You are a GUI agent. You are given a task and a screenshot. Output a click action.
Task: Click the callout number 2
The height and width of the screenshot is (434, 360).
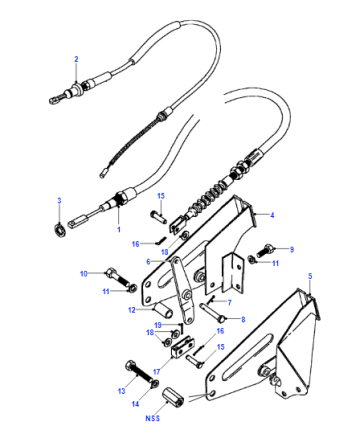click(x=76, y=59)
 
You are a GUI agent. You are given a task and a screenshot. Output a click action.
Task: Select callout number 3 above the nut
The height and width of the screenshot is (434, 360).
click(x=59, y=201)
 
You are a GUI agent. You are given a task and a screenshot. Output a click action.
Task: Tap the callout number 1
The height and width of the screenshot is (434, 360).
click(x=119, y=230)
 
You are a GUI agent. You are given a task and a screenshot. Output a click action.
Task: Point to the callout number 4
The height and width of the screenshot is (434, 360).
click(x=272, y=215)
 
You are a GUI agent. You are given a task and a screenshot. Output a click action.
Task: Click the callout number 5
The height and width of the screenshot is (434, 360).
click(x=310, y=276)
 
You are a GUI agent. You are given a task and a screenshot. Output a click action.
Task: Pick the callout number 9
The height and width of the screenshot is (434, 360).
click(x=292, y=249)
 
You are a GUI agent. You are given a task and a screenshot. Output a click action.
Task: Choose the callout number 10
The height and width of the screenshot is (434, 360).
click(x=83, y=274)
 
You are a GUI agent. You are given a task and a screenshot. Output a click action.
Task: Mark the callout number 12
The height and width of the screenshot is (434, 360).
click(x=132, y=310)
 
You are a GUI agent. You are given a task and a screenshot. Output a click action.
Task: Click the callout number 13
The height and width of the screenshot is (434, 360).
click(x=122, y=391)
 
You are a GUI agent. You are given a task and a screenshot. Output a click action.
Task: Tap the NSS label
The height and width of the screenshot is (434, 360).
click(x=153, y=418)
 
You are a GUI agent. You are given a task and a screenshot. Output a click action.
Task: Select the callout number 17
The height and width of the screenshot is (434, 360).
click(x=157, y=371)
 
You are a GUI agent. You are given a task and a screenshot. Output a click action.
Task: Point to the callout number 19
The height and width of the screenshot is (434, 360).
click(x=158, y=325)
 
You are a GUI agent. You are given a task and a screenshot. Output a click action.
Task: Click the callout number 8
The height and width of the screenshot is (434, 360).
click(x=243, y=319)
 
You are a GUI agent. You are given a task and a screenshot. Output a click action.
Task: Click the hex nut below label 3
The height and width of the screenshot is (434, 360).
click(x=60, y=230)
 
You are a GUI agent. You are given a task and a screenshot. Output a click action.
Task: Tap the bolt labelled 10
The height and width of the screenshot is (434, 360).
click(x=117, y=278)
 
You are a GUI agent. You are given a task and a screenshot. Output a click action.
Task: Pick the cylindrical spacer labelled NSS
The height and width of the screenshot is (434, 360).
click(x=173, y=397)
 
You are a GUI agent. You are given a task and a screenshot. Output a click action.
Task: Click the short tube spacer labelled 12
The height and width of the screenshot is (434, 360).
click(x=163, y=309)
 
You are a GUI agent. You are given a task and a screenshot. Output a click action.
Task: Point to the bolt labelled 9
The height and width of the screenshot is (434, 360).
click(x=265, y=251)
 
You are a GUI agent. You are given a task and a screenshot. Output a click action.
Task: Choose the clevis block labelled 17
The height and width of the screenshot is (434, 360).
click(x=183, y=347)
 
